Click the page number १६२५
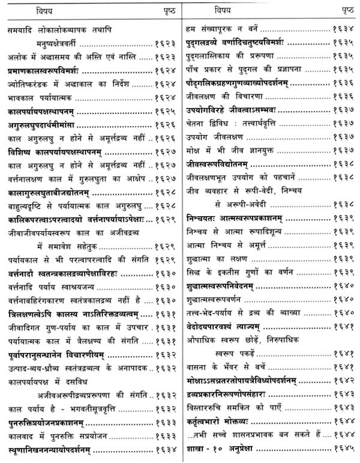(x=164, y=111)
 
